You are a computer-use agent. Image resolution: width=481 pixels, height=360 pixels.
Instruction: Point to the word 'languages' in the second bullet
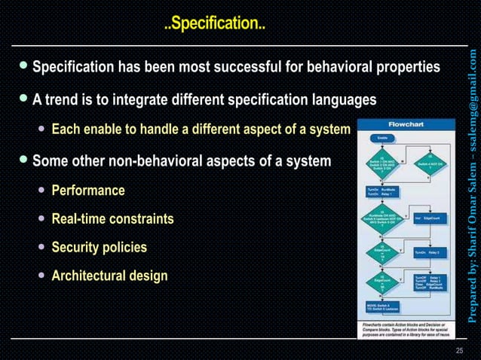[347, 99]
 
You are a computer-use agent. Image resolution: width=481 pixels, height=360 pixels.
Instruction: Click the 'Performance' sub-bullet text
[87, 190]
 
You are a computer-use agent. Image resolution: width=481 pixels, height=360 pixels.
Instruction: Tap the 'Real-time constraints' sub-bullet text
[112, 218]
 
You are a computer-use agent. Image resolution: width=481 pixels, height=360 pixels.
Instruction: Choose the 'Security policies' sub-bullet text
[99, 247]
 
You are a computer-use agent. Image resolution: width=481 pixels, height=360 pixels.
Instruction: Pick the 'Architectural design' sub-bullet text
[109, 276]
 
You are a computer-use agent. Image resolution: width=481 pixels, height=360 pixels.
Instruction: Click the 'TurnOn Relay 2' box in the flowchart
[427, 253]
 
